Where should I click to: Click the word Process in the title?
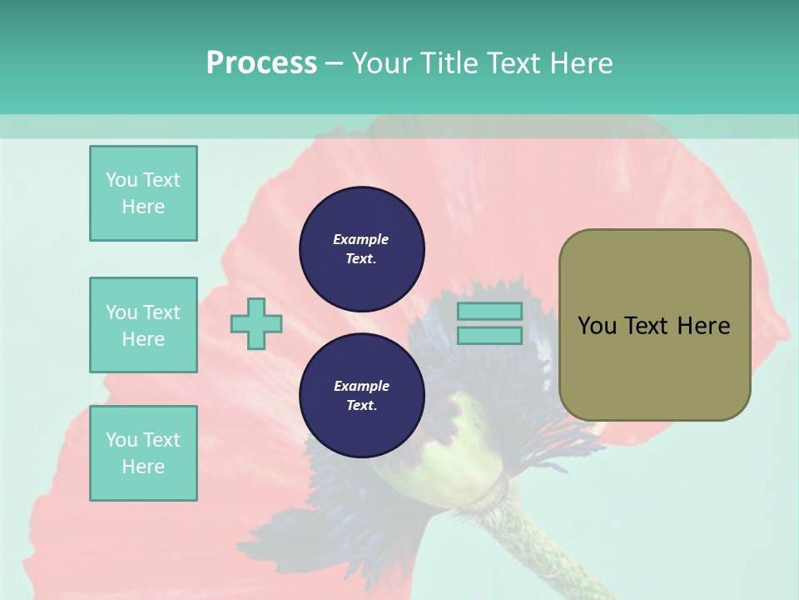click(261, 63)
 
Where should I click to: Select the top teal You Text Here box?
click(143, 193)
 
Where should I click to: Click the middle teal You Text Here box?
click(143, 325)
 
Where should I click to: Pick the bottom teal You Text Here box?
click(143, 453)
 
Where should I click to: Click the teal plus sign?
click(256, 323)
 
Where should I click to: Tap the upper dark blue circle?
click(362, 248)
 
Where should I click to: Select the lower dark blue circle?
click(362, 395)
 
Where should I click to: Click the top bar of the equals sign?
click(490, 312)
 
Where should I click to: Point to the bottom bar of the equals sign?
click(490, 336)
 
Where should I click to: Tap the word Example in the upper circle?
click(361, 239)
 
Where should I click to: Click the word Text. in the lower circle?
click(361, 406)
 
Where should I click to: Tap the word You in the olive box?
click(596, 326)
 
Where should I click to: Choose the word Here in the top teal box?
click(143, 207)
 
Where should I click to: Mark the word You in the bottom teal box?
click(122, 440)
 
